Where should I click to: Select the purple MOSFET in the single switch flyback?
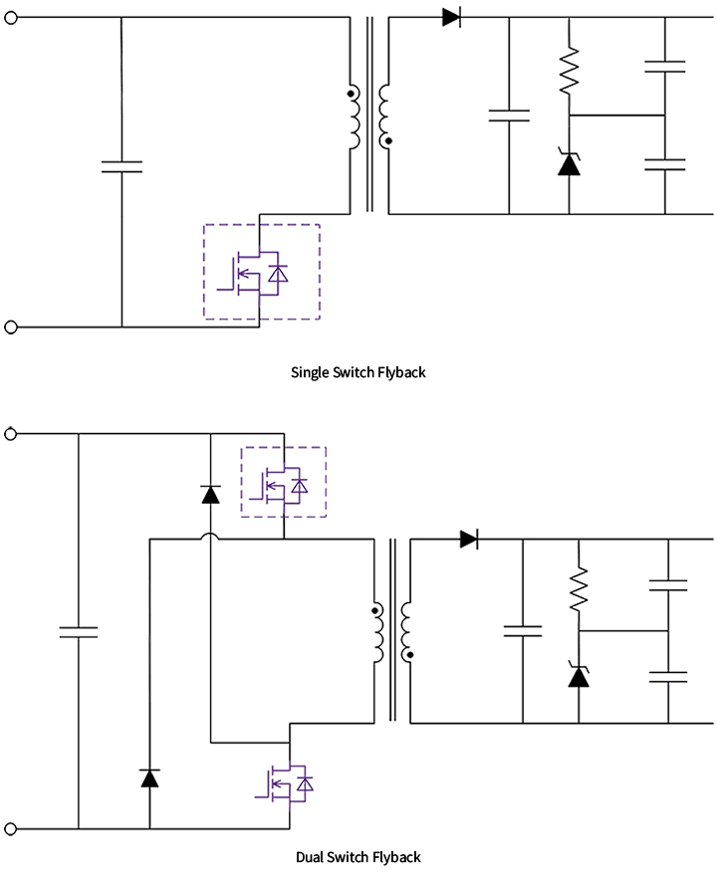point(260,272)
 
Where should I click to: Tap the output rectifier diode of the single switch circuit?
point(451,17)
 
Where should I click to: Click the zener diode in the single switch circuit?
point(569,163)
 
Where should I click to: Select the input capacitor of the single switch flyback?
point(121,166)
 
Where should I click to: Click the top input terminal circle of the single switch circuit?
point(12,17)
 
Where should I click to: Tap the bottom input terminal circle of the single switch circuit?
point(12,327)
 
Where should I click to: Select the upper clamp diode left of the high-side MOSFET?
point(209,493)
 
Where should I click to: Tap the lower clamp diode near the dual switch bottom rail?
point(149,777)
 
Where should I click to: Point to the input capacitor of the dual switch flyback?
point(78,631)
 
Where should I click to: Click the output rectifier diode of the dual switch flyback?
point(469,540)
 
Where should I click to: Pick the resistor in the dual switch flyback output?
point(579,589)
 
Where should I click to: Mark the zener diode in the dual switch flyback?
point(579,675)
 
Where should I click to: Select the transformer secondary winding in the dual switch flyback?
point(405,631)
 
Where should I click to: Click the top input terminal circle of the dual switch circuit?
point(12,434)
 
